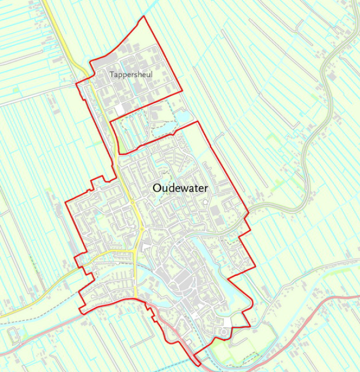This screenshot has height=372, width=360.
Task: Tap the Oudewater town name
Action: [180, 188]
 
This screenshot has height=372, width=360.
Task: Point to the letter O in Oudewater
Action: [156, 188]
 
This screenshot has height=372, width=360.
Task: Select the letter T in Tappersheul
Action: [112, 75]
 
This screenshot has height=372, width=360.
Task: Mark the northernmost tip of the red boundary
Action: [143, 16]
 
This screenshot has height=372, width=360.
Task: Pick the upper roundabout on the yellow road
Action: [133, 202]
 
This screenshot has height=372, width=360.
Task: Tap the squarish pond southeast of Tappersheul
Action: [182, 117]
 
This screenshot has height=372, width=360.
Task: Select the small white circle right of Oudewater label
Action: [205, 201]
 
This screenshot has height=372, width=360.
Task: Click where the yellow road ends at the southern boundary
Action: [136, 297]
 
